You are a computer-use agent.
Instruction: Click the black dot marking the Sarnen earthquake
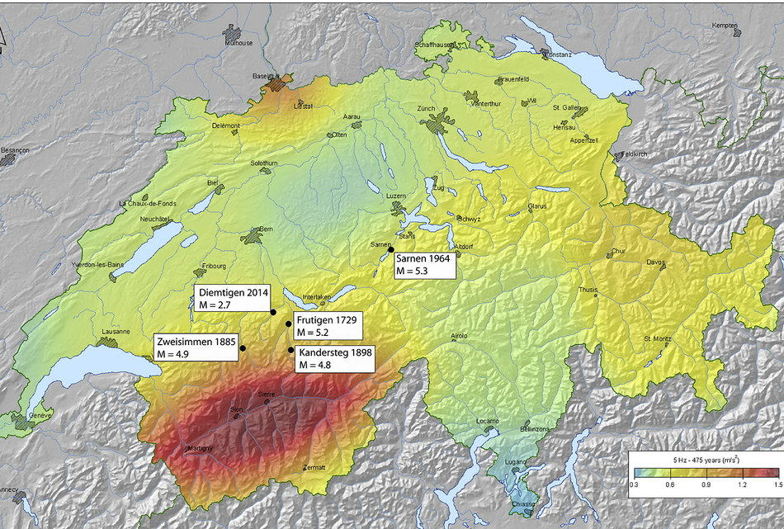(391, 249)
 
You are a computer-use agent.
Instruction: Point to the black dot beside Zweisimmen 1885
(243, 348)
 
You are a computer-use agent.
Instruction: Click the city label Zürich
(426, 109)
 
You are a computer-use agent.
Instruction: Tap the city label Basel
(262, 76)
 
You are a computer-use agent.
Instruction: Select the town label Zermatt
(314, 468)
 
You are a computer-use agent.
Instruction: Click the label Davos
(655, 264)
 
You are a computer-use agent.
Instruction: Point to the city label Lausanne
(116, 332)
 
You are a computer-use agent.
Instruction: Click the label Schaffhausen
(435, 45)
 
